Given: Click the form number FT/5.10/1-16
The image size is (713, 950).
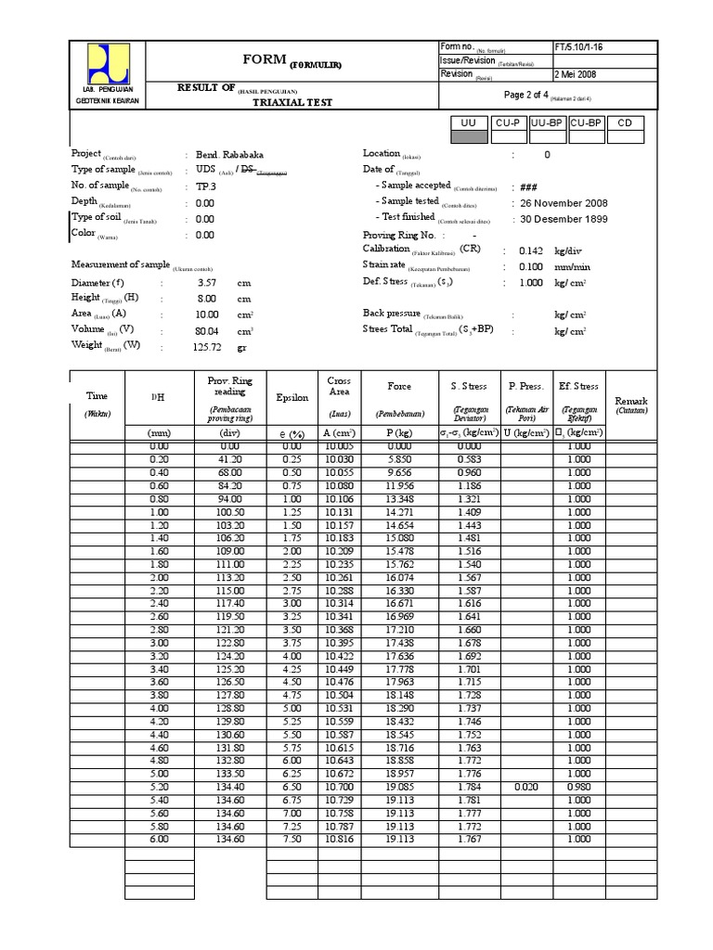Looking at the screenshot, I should pos(577,47).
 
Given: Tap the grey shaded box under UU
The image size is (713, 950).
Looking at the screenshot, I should pos(468,137).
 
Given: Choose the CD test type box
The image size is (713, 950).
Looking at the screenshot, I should pos(625,123).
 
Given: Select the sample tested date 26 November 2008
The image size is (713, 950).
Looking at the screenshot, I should pos(564,202).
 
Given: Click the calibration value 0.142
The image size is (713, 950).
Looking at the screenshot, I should pos(531,250).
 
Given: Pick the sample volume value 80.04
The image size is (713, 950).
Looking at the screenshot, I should pos(205,329).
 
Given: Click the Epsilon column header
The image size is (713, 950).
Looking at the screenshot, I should pos(292,397).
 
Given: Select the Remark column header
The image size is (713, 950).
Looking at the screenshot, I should pos(636,401).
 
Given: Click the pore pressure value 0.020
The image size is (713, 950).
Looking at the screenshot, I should pos(525,786).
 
